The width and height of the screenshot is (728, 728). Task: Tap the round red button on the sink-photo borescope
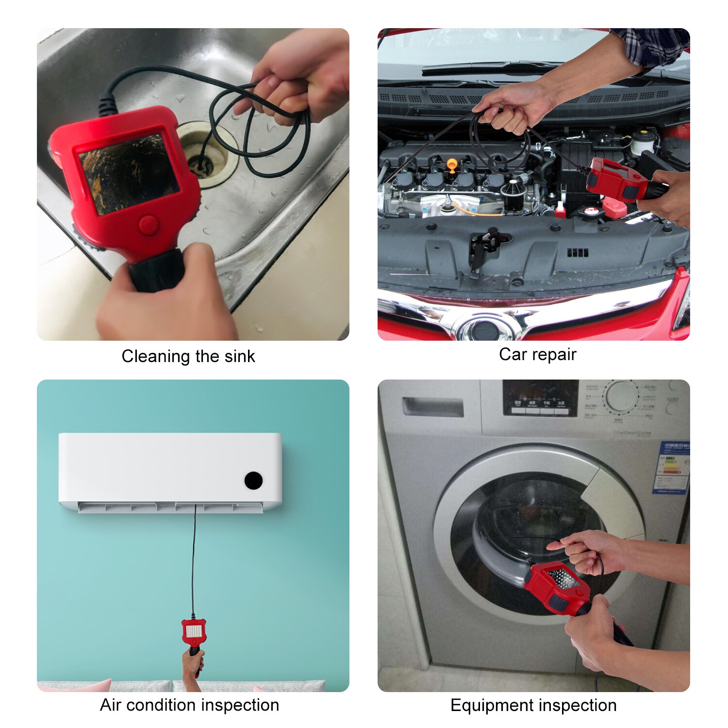[148, 225]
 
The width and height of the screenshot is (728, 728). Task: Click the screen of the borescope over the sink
[128, 173]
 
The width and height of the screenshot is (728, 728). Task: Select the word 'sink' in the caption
[239, 357]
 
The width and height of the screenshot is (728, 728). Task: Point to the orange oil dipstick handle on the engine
[452, 165]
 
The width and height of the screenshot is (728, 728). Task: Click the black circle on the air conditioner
[253, 480]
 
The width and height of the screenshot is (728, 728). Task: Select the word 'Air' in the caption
[110, 705]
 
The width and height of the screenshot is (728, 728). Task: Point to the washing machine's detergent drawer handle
[432, 407]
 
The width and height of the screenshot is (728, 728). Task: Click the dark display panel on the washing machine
[540, 398]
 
